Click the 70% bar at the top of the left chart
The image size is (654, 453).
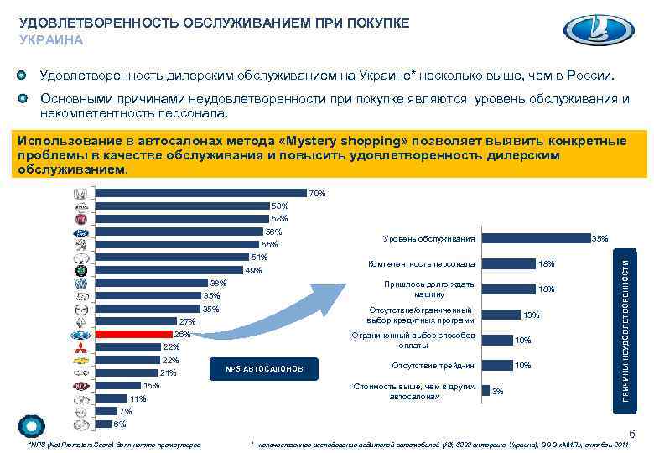(x=201, y=193)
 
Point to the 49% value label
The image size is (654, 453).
(x=252, y=271)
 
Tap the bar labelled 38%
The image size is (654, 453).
(x=152, y=283)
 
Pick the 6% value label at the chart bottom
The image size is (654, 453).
(x=120, y=424)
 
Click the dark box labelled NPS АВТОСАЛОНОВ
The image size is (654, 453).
(x=264, y=370)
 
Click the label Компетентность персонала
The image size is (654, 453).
(x=421, y=264)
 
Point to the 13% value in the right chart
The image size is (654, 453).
(x=532, y=315)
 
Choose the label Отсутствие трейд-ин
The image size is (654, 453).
(x=433, y=365)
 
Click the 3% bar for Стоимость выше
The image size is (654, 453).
(x=485, y=390)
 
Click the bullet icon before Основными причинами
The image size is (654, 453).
(x=26, y=99)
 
